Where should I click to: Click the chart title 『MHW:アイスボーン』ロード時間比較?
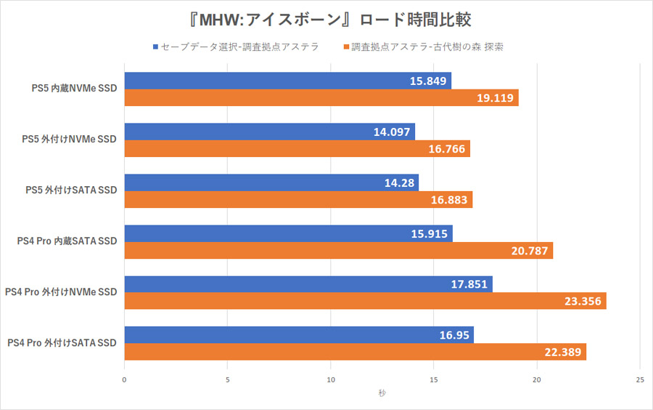pyautogui.click(x=326, y=17)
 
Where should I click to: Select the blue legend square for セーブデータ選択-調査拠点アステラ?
pyautogui.click(x=156, y=47)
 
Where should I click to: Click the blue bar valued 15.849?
pyautogui.click(x=287, y=81)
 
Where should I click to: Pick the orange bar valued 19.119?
pyautogui.click(x=321, y=97)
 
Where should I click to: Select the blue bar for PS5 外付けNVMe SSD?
pyautogui.click(x=269, y=132)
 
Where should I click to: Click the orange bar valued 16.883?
pyautogui.click(x=298, y=199)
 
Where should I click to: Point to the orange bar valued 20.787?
pyautogui.click(x=338, y=250)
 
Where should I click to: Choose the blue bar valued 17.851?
pyautogui.click(x=308, y=284)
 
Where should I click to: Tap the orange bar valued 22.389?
pyautogui.click(x=355, y=352)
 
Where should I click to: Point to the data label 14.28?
pyautogui.click(x=398, y=182)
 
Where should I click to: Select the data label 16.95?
pyautogui.click(x=453, y=335)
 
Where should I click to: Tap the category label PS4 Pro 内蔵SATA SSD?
pyautogui.click(x=67, y=241)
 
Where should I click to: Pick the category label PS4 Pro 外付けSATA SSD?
pyautogui.click(x=62, y=343)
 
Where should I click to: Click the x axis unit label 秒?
pyautogui.click(x=382, y=393)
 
